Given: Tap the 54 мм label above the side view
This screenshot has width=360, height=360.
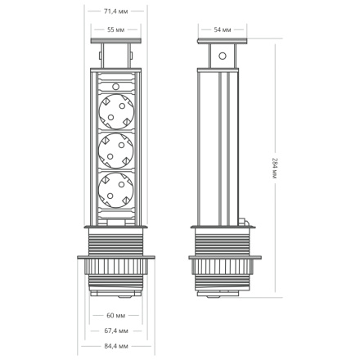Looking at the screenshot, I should point(222,29).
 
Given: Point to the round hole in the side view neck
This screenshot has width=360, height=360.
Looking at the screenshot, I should point(222,57).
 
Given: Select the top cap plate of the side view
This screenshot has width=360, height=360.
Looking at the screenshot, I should point(222,42).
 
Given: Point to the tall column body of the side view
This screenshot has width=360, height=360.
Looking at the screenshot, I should point(222,147).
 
